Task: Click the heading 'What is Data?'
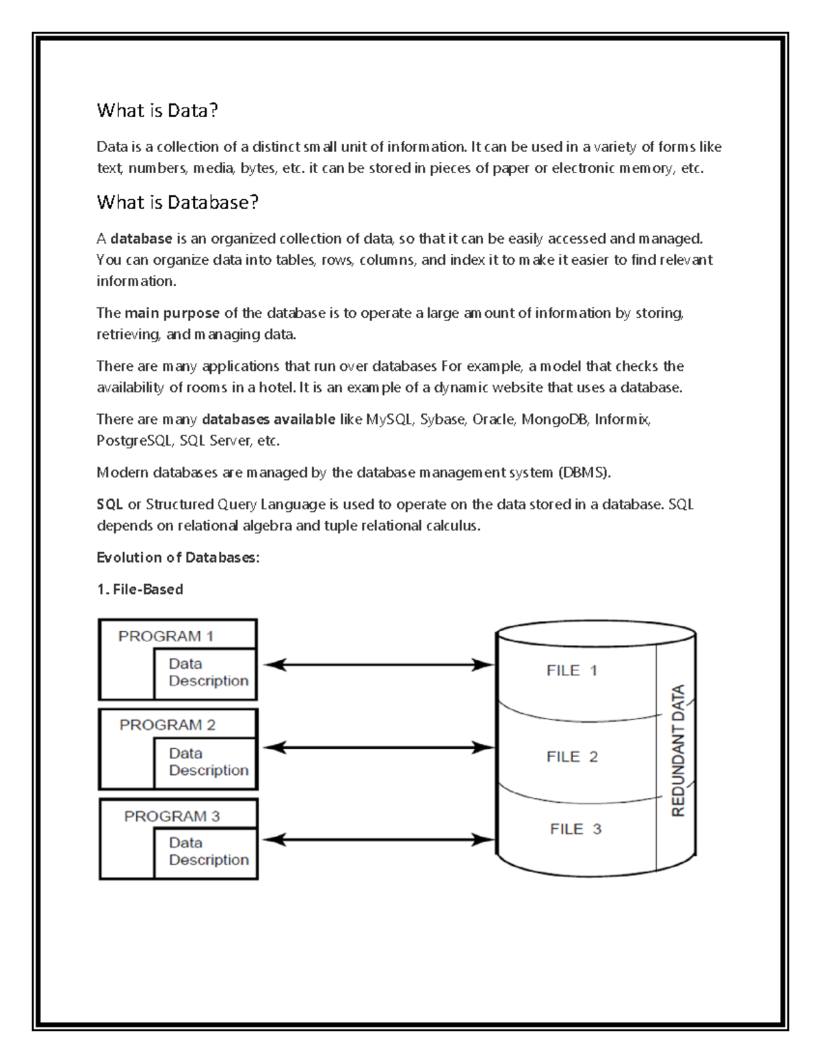157,110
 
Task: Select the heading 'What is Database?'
178,202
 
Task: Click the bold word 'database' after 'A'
141,239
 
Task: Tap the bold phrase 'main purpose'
172,313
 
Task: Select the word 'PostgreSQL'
134,441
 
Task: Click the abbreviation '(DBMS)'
584,472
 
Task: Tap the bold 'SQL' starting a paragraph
109,504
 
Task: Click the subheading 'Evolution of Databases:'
178,558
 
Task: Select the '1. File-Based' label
140,589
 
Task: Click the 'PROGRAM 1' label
166,636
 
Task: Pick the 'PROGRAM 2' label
167,725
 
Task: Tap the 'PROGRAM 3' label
172,816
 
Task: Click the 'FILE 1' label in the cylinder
572,671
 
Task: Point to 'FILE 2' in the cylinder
572,756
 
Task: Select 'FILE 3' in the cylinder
575,829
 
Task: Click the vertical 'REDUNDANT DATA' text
678,751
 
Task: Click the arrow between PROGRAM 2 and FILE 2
378,748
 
